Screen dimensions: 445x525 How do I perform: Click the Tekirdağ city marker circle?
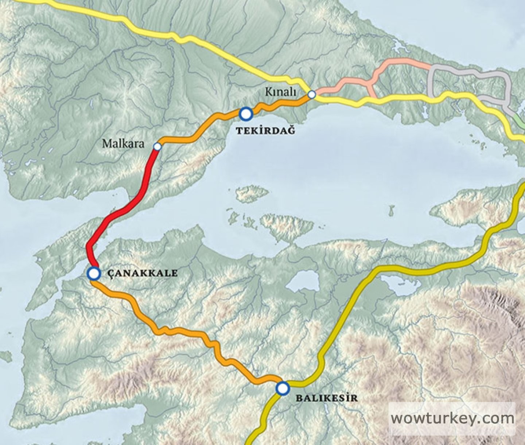click(246, 114)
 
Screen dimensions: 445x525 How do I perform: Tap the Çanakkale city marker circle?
click(94, 273)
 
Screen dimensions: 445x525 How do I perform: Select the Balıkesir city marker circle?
click(283, 388)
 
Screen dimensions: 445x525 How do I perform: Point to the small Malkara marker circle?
click(157, 146)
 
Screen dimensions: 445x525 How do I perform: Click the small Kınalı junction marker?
click(311, 95)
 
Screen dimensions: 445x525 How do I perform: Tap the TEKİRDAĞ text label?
click(265, 130)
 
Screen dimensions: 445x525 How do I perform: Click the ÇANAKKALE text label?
click(143, 273)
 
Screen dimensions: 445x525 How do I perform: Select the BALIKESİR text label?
click(326, 398)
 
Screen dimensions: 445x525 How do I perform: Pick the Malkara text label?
click(123, 143)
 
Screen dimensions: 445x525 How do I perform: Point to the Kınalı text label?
click(280, 92)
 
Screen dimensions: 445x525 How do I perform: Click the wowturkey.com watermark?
click(452, 418)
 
